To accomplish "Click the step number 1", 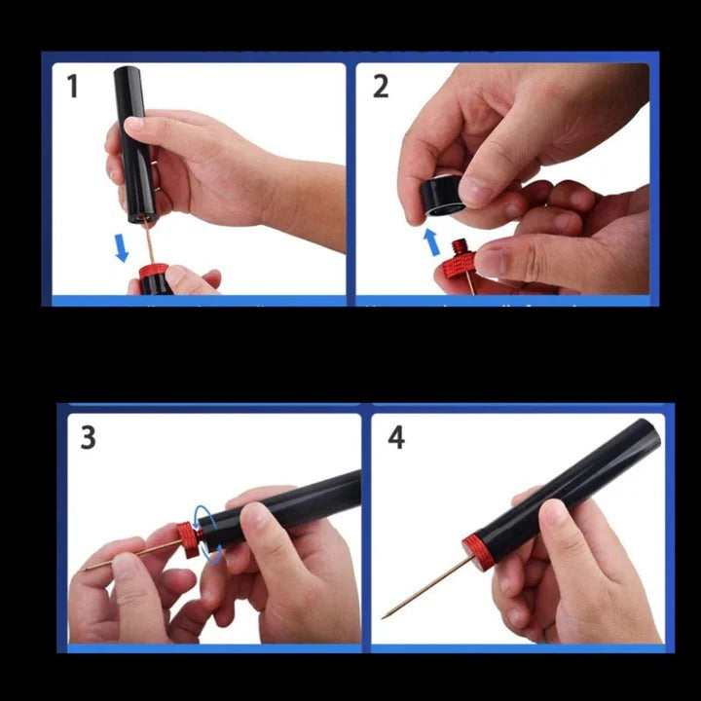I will click(x=72, y=87).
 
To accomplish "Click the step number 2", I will click(x=381, y=86).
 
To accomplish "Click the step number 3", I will click(x=88, y=438).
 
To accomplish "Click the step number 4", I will click(x=396, y=437).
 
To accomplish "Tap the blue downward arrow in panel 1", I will click(x=122, y=247).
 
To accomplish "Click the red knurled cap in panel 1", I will click(x=152, y=273).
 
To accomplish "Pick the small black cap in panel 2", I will click(x=443, y=196).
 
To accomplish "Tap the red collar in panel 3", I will click(x=189, y=537).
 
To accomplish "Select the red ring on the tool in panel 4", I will click(x=476, y=552).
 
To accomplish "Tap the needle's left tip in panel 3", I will click(x=85, y=570).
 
